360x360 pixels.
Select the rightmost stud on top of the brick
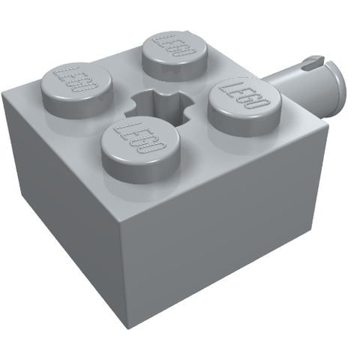[x=244, y=107]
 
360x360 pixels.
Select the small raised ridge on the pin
[x=313, y=61]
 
